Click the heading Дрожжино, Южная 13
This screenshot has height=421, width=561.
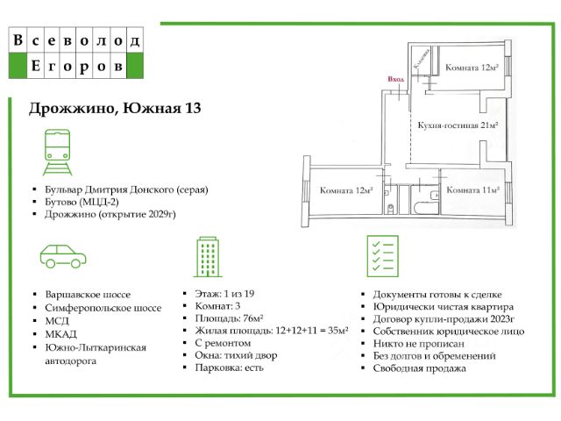(115, 109)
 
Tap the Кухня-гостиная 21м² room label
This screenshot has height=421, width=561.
(458, 125)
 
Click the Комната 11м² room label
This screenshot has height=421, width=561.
(472, 189)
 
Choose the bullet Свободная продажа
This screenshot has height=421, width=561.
(420, 368)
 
